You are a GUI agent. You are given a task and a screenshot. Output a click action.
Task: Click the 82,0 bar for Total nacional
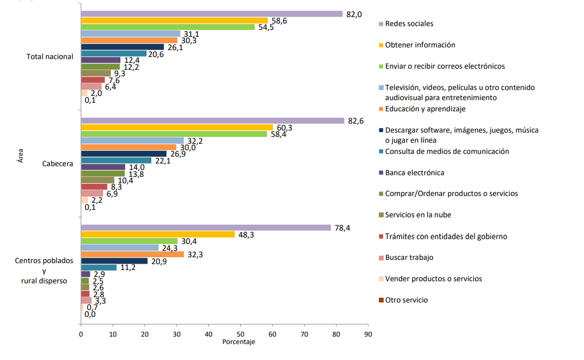212,14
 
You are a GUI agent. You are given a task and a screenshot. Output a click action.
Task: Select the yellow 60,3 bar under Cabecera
177,127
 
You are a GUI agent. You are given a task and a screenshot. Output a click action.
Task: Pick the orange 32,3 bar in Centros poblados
132,255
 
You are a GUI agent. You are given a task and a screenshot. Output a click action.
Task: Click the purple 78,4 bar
206,228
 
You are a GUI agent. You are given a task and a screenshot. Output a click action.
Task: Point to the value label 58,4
278,134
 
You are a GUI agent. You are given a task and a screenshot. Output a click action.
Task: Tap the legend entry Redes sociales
409,23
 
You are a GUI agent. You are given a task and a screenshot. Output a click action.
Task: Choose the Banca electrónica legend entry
414,173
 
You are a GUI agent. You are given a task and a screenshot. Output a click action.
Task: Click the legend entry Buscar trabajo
409,257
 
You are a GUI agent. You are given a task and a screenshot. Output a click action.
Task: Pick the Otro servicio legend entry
406,300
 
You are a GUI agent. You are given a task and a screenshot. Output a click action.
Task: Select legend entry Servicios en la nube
418,215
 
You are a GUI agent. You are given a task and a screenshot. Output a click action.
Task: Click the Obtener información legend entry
420,45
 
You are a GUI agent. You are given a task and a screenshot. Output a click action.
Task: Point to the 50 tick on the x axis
240,334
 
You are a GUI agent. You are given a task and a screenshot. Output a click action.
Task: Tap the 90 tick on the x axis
368,334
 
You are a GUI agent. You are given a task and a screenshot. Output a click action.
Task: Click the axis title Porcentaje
239,342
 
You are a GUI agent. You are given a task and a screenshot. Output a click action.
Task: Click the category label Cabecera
58,164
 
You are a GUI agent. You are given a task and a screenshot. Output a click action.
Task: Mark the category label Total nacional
50,56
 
